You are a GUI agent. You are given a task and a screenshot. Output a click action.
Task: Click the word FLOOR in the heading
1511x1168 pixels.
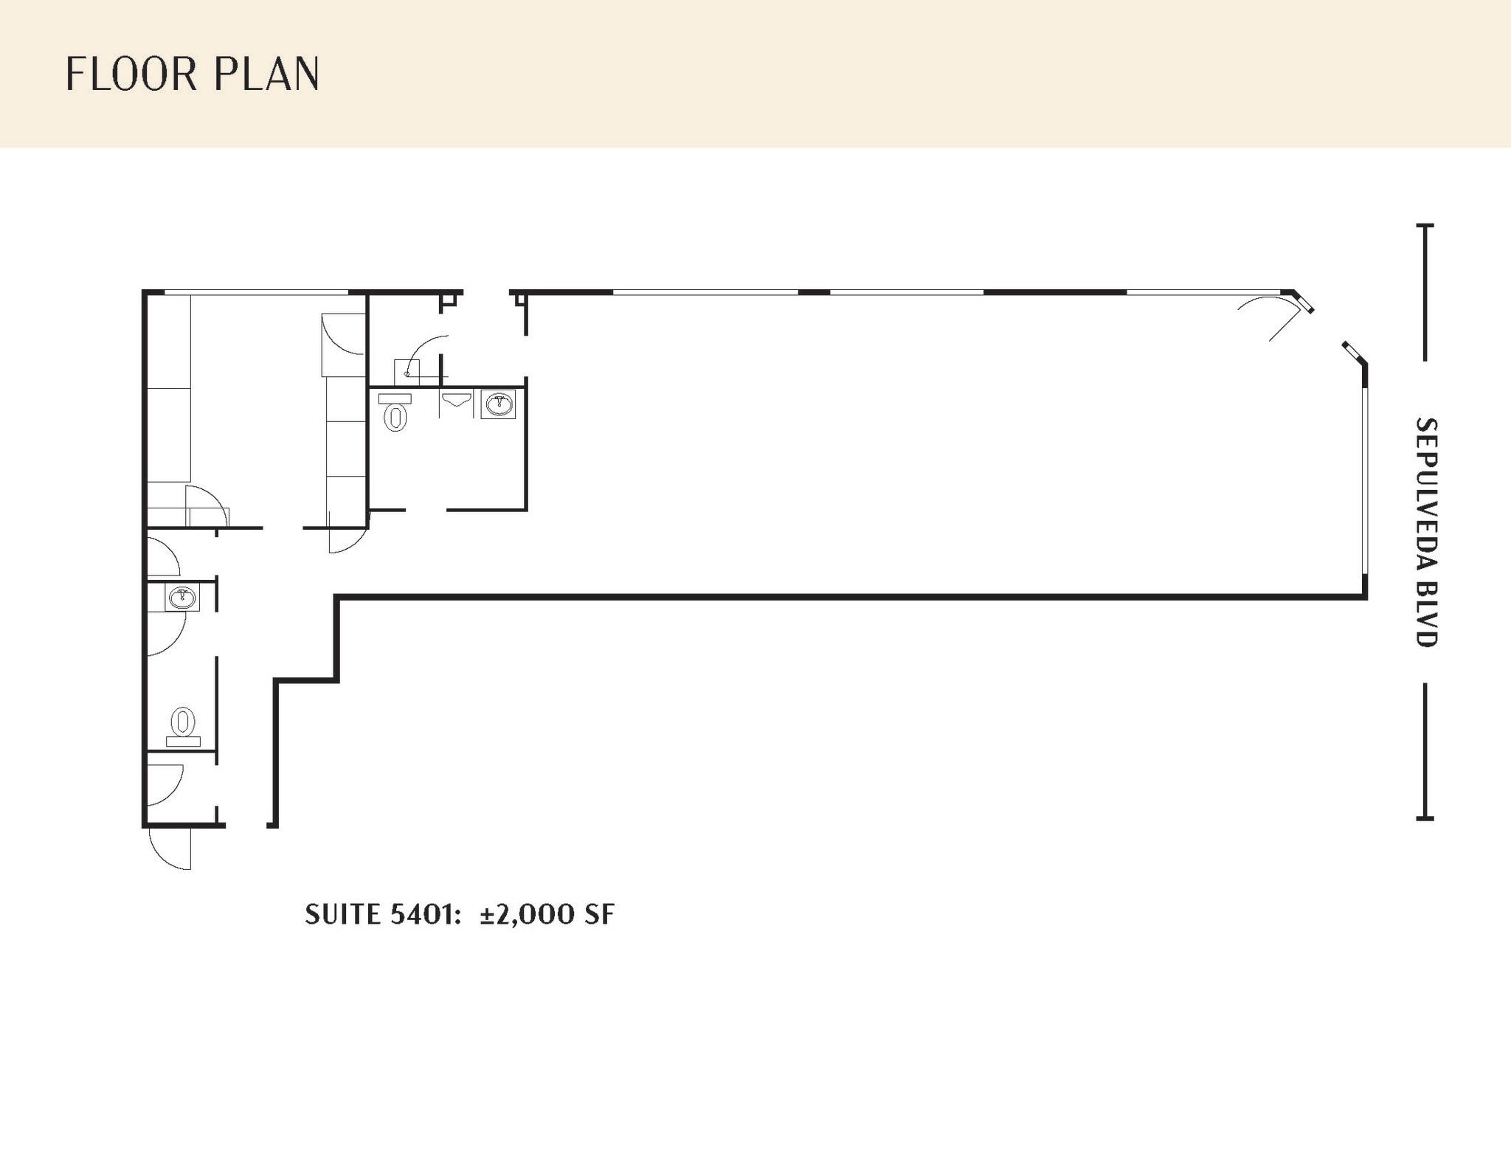tap(131, 75)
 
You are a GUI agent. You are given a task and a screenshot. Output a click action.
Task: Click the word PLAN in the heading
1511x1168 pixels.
tap(267, 75)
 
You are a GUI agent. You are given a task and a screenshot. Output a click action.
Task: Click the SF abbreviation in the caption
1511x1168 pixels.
tap(599, 915)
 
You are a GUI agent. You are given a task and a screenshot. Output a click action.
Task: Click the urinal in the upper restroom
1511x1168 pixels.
tap(456, 400)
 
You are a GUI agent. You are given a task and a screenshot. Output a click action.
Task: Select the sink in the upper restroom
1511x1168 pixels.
tap(499, 404)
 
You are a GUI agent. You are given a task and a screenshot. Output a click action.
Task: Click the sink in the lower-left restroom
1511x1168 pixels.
tap(182, 597)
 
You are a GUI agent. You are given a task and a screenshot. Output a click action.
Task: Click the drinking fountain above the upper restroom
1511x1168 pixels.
tap(407, 372)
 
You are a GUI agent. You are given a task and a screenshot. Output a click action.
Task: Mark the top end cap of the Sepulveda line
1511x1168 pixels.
tap(1425, 225)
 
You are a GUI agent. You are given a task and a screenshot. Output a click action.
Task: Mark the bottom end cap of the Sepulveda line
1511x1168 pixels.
tap(1425, 818)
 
